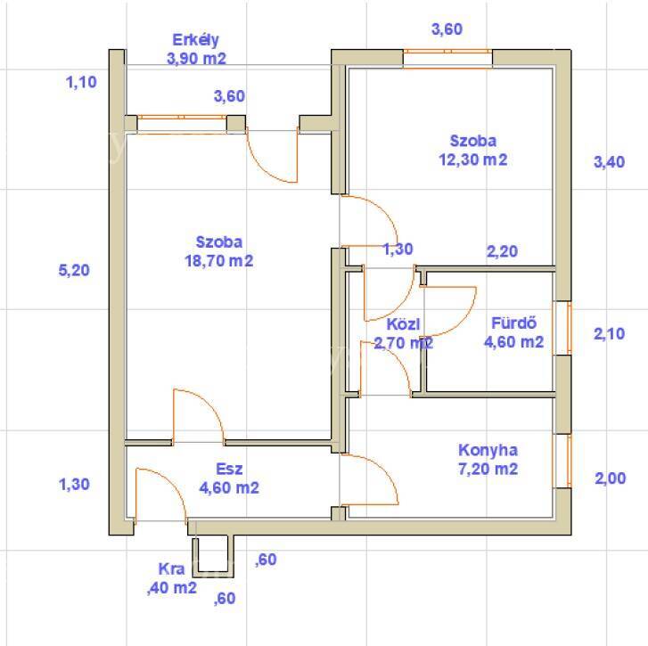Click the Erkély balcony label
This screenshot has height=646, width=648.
195,40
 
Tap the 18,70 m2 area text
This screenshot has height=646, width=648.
218,261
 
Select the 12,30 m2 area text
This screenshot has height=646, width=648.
472,159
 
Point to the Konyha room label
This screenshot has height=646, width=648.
488,450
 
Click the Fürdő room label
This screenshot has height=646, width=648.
513,323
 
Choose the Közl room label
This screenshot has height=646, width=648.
403,324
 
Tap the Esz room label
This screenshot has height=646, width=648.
229,469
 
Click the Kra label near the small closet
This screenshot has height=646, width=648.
171,569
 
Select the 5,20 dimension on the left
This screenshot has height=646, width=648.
74,271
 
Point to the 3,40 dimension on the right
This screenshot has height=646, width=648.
609,162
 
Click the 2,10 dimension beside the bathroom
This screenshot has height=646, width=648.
609,334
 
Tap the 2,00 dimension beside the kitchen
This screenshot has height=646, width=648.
611,478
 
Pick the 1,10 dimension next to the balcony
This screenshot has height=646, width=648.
81,82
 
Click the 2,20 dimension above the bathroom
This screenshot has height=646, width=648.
502,251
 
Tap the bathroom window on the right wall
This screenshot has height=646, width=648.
562,328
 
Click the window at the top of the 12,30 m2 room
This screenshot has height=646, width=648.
447,58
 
